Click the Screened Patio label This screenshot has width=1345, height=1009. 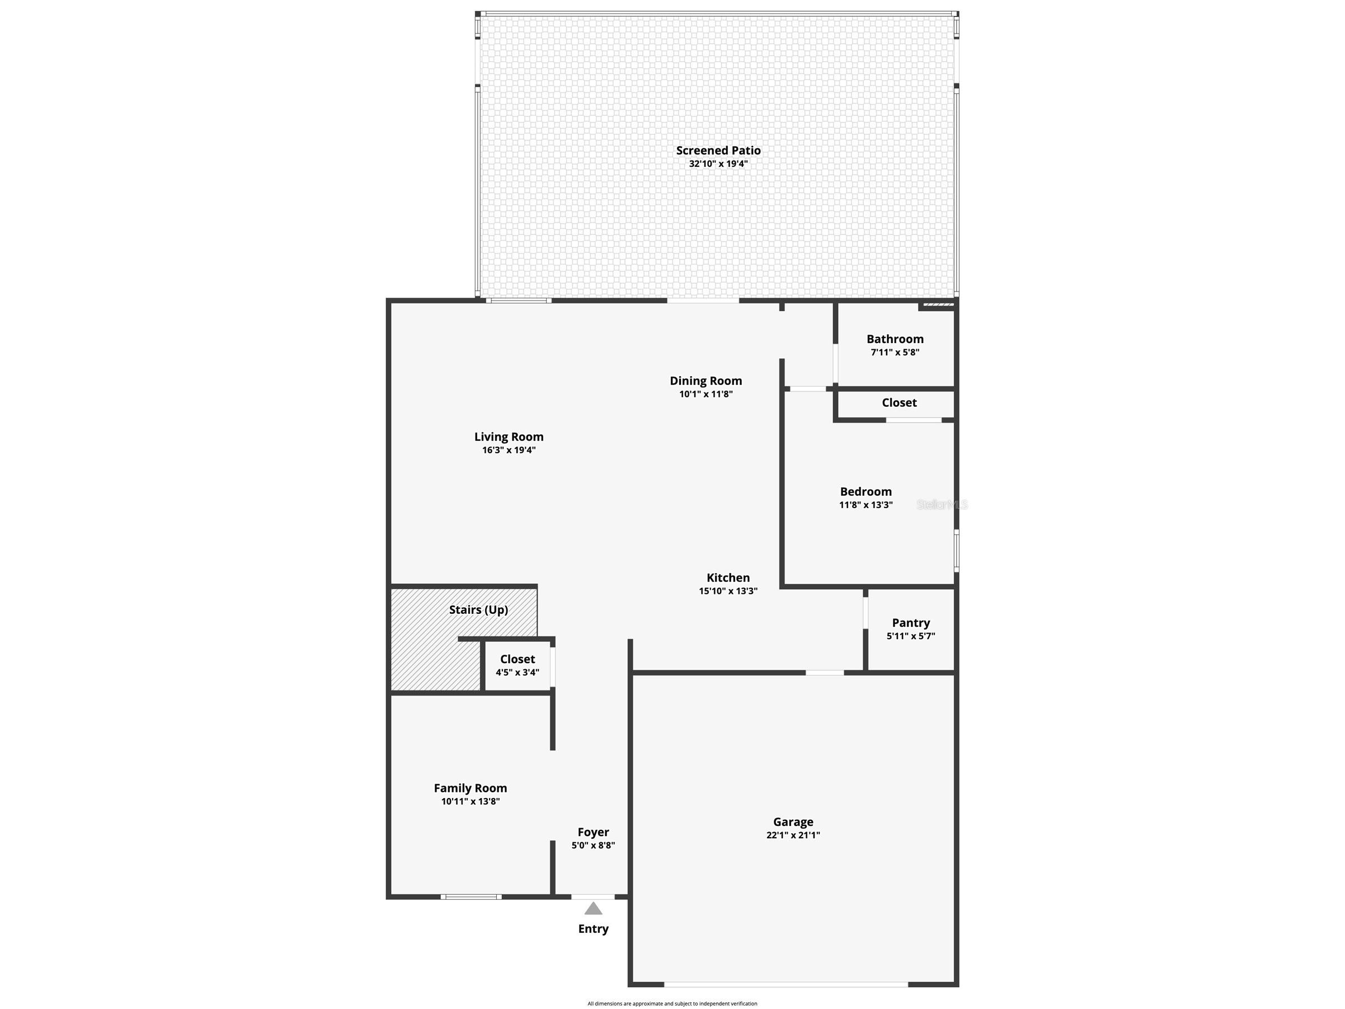[x=718, y=150]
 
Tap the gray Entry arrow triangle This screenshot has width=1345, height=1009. [x=594, y=908]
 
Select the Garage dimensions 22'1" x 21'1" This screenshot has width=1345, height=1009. [x=793, y=835]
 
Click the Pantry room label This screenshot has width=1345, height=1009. [x=911, y=622]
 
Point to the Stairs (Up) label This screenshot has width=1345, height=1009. [x=478, y=609]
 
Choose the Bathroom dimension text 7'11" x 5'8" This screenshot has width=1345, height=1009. [x=895, y=352]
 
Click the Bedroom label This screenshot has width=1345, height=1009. [x=866, y=491]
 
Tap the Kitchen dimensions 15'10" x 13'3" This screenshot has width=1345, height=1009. [x=728, y=590]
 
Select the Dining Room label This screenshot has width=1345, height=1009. [x=706, y=381]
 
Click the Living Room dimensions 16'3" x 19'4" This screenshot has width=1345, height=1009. [x=509, y=450]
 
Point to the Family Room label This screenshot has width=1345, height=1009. [x=471, y=787]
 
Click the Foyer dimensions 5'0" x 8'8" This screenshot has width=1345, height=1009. [x=594, y=845]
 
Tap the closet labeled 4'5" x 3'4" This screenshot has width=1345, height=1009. [x=518, y=665]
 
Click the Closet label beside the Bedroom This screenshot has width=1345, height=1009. [x=899, y=402]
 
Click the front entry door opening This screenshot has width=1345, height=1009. [x=593, y=897]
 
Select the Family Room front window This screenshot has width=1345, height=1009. [x=471, y=897]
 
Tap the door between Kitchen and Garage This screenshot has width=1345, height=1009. [x=825, y=672]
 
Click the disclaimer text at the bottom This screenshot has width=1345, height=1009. [x=672, y=1003]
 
